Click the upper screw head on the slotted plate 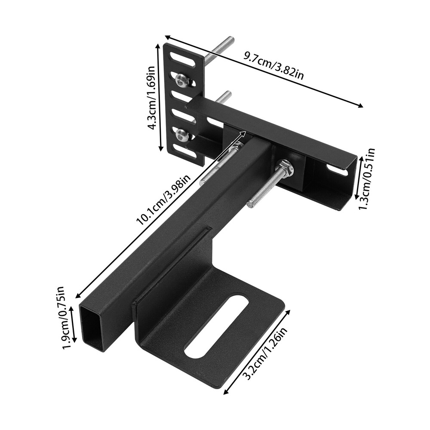(x=182, y=80)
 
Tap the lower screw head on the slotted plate (x=182, y=135)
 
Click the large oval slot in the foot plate (x=216, y=326)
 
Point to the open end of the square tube (x=92, y=327)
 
